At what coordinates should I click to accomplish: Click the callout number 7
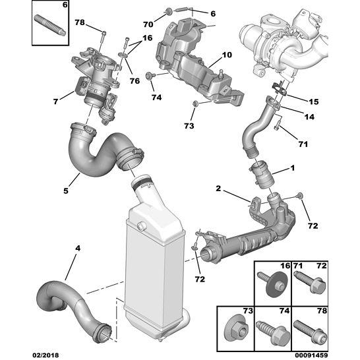tap(55, 101)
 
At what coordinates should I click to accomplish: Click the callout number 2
tap(218, 189)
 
